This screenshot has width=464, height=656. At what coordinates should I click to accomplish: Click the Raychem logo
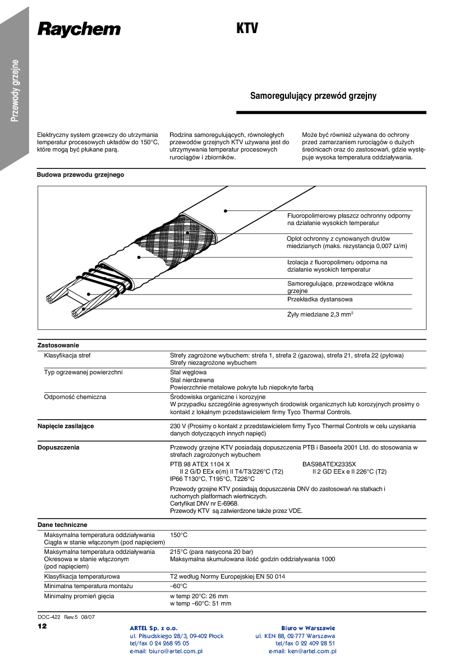click(x=79, y=29)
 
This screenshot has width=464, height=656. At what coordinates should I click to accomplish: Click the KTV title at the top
click(x=247, y=29)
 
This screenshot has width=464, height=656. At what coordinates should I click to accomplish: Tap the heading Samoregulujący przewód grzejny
click(x=313, y=96)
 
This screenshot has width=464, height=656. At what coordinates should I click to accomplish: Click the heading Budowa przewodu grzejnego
click(x=80, y=175)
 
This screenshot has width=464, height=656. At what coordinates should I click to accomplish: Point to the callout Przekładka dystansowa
click(x=320, y=299)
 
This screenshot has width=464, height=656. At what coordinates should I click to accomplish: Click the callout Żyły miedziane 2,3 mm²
click(x=320, y=314)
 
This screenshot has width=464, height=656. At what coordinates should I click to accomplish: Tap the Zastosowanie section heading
click(x=58, y=345)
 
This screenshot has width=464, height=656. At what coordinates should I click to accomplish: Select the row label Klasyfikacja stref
click(x=67, y=355)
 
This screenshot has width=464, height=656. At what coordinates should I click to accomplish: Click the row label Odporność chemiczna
click(x=75, y=397)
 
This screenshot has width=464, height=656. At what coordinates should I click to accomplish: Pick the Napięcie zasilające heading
click(x=66, y=426)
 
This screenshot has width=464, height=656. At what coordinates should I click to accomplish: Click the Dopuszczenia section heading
click(x=58, y=447)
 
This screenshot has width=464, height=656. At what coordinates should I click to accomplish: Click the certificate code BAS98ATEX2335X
click(x=329, y=464)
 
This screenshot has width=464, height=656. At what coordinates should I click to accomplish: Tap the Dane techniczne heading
click(x=62, y=525)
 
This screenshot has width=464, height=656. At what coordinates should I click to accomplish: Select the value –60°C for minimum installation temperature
click(x=178, y=586)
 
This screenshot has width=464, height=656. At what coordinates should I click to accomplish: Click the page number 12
click(x=42, y=626)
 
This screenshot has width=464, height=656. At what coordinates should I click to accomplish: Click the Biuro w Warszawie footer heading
click(x=308, y=628)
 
